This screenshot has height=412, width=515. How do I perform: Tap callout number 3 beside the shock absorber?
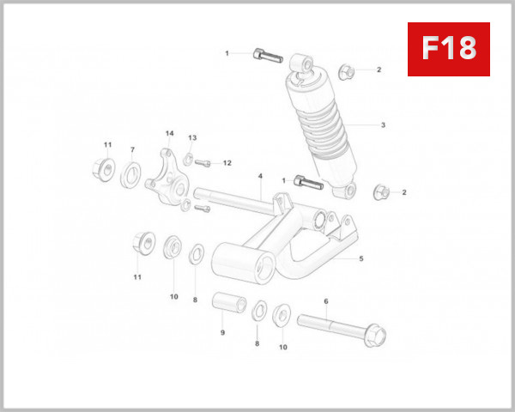[383, 125]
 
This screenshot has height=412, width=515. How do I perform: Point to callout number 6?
[326, 301]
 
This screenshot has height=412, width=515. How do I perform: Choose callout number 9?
[222, 333]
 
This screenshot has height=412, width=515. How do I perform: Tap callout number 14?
[169, 134]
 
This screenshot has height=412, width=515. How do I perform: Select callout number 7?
[132, 150]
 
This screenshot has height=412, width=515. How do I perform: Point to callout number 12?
[227, 162]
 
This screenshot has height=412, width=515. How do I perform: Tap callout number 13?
[192, 138]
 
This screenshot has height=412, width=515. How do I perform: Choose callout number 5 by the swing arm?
[361, 258]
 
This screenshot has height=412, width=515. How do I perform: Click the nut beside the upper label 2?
[345, 70]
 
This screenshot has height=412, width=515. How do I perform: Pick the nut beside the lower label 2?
[382, 191]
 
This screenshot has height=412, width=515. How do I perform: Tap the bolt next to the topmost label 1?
[267, 57]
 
